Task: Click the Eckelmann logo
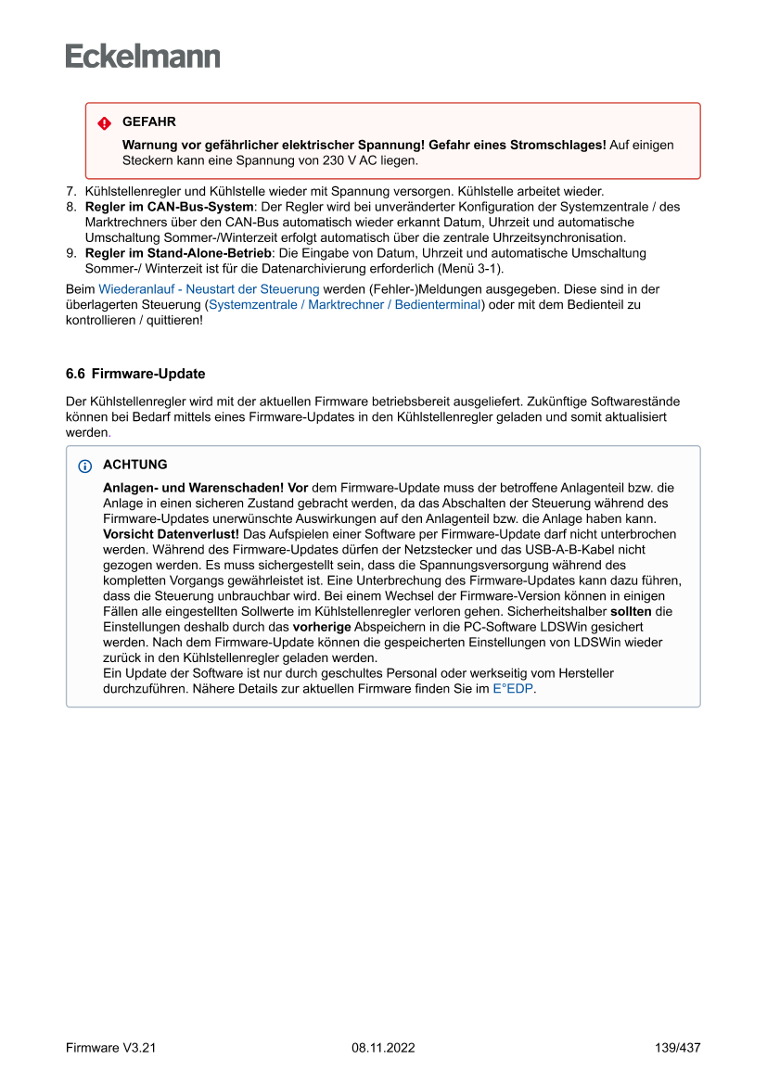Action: point(143,57)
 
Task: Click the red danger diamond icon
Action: point(104,123)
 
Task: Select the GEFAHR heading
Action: point(148,121)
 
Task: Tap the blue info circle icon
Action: point(85,465)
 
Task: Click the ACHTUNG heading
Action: point(135,465)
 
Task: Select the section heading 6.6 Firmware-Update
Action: point(135,374)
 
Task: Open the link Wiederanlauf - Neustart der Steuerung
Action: point(209,289)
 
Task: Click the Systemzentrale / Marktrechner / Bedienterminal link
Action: point(345,304)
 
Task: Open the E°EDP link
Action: point(513,689)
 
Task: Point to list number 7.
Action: point(70,192)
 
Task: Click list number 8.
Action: point(70,207)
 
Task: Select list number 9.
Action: point(70,253)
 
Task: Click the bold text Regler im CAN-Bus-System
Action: point(169,207)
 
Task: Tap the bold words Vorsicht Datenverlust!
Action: point(171,534)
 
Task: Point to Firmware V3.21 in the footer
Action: point(110,1048)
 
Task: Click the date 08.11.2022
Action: point(383,1048)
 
